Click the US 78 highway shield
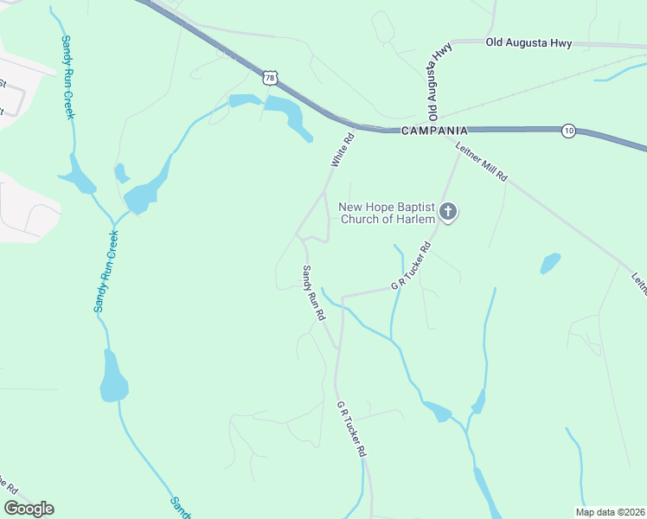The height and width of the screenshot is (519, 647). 271,78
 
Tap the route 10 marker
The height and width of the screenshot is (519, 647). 568,130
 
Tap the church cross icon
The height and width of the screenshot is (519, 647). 448,211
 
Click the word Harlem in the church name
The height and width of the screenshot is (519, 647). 415,219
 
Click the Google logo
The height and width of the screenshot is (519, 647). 29,509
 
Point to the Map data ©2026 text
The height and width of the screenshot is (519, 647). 609,512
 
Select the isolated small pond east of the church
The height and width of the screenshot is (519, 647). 549,263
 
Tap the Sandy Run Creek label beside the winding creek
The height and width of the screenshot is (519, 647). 106,271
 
